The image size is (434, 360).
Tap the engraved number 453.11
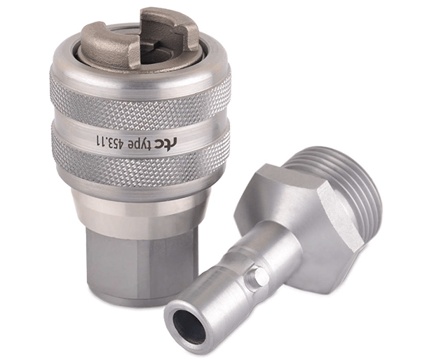coord(108,140)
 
